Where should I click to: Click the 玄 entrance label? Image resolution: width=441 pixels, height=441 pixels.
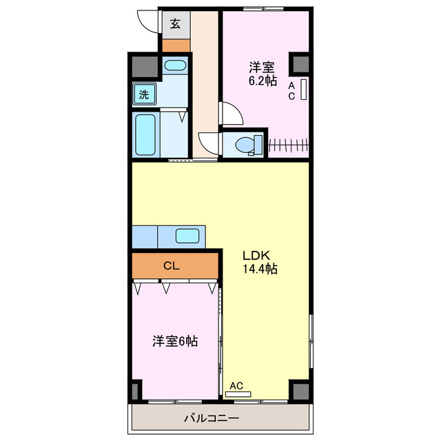[x=175, y=23]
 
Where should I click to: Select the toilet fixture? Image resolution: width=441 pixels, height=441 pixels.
[x=245, y=145]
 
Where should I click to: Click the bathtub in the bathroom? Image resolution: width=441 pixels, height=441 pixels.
[x=145, y=134]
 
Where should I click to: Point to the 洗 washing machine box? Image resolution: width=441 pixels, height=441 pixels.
[x=144, y=94]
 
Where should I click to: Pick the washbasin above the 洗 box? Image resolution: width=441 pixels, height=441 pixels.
[x=175, y=67]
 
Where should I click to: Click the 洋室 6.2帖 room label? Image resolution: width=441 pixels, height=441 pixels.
[x=263, y=74]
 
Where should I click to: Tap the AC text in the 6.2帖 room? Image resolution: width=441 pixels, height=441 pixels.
[x=291, y=91]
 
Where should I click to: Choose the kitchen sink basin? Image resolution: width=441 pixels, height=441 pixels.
[x=187, y=236]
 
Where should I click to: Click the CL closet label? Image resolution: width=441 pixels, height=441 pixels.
[x=172, y=265]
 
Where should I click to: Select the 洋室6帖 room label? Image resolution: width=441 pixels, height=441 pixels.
[x=175, y=340]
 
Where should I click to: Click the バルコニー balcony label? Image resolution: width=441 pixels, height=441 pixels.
[x=212, y=418]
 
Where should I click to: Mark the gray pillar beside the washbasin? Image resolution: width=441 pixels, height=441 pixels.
[x=145, y=67]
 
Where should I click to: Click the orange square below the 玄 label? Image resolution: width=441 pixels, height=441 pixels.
[x=175, y=45]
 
